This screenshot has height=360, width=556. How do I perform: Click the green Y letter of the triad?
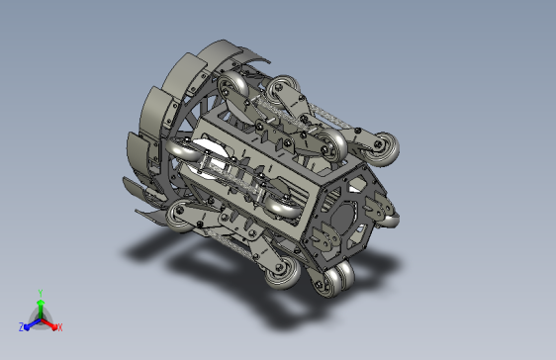(x=41, y=293)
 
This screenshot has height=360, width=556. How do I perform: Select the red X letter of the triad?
(x=60, y=327)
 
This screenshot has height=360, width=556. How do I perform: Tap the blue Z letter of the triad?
(x=22, y=327)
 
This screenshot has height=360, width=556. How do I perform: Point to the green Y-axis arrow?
(x=41, y=310)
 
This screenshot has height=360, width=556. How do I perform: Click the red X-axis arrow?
(x=48, y=323)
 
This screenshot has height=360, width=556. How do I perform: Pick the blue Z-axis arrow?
(x=33, y=324)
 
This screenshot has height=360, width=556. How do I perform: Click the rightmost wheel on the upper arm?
(x=382, y=148)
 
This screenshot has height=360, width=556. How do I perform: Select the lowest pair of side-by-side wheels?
(x=334, y=279)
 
